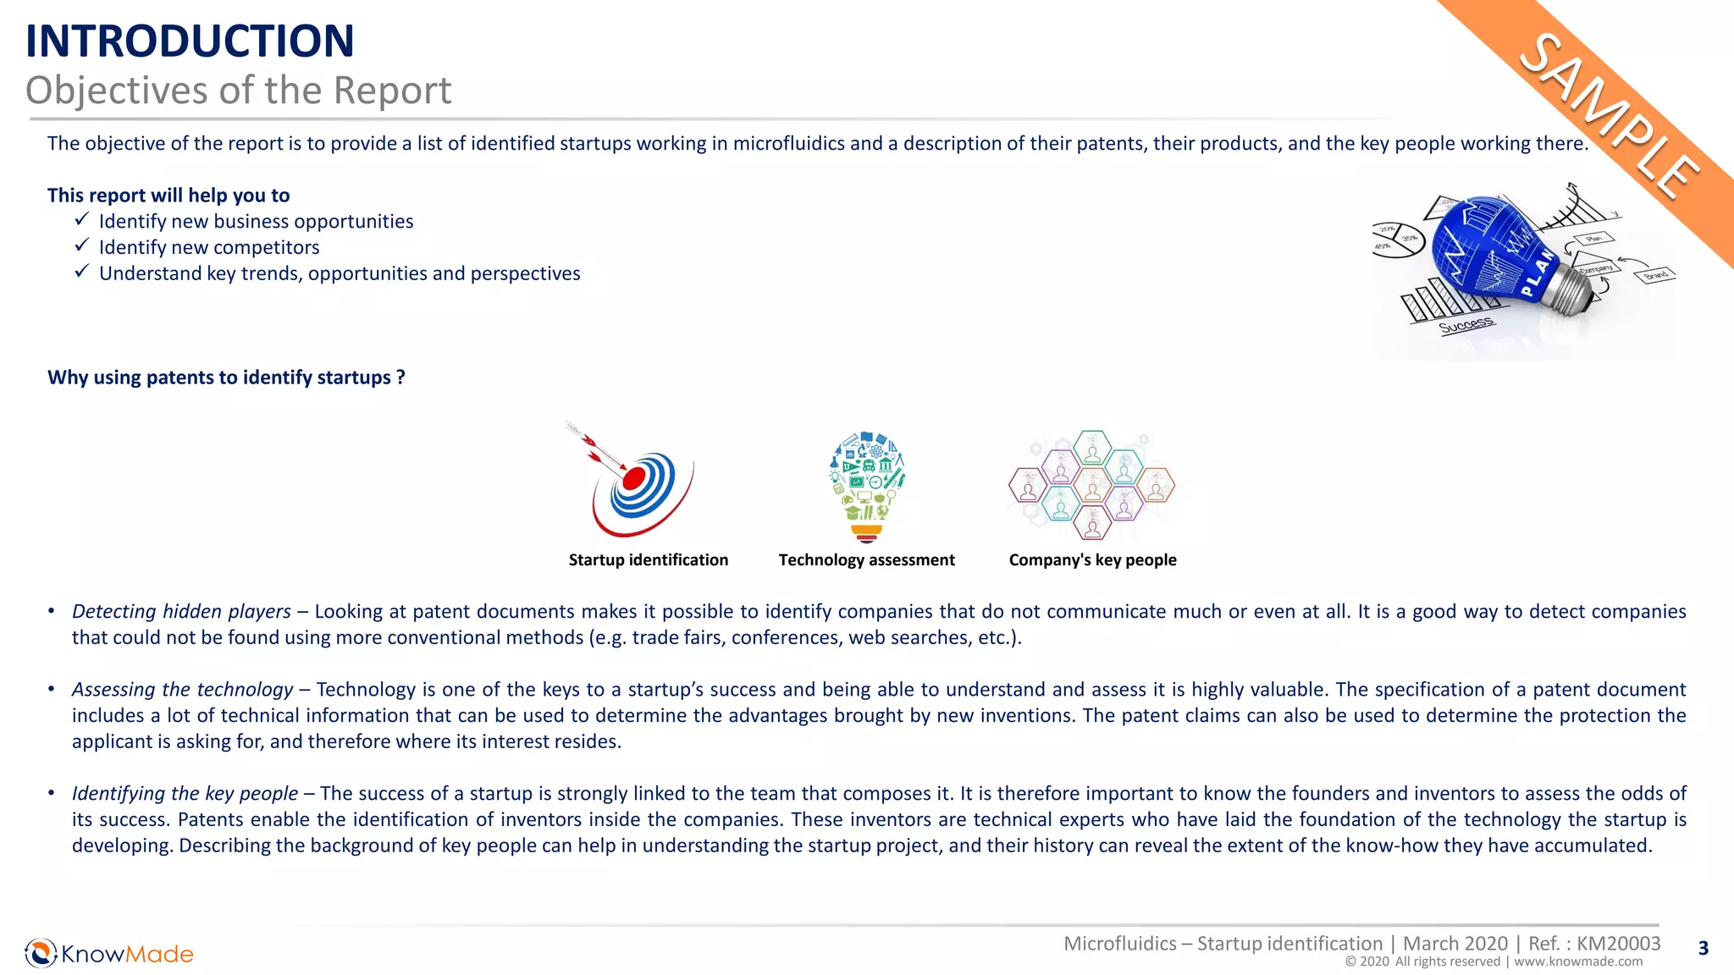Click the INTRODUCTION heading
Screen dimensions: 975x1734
[190, 41]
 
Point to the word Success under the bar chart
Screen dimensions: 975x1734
[1466, 325]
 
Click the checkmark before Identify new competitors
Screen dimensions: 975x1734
[81, 245]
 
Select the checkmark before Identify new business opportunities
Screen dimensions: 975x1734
[81, 219]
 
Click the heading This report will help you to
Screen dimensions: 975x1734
[168, 196]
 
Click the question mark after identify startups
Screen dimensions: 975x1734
[400, 377]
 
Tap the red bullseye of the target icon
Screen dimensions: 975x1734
[634, 479]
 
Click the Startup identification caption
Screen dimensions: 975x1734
[648, 560]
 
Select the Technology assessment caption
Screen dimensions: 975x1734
[866, 560]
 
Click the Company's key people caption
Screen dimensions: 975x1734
[1092, 560]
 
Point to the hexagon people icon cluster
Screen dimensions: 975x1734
[1091, 485]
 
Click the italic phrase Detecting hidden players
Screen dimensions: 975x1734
[181, 612]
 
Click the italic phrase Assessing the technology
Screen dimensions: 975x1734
[182, 690]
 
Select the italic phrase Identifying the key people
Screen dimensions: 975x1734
[185, 794]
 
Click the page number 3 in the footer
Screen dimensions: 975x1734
[1704, 949]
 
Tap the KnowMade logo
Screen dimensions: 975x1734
[109, 954]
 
